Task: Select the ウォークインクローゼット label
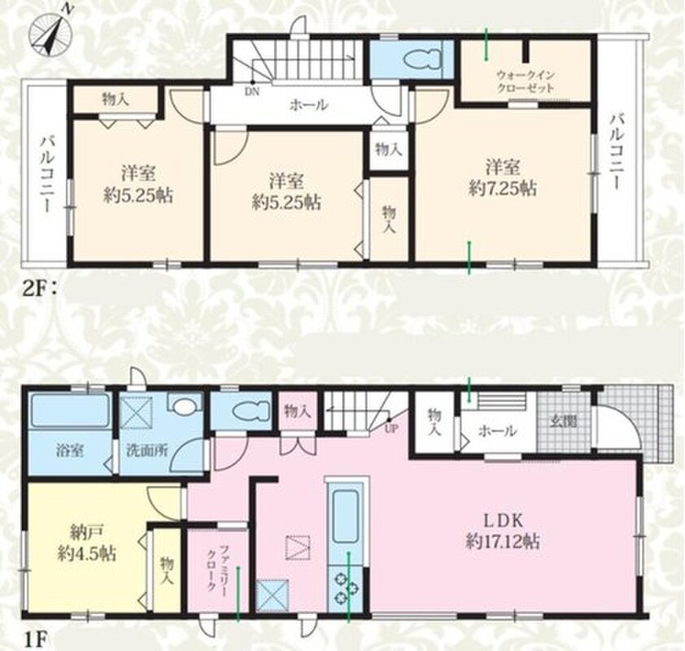525,81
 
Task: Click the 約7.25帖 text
503,189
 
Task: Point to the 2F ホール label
308,105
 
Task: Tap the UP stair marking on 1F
390,428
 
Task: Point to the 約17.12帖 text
503,542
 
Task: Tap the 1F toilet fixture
250,413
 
